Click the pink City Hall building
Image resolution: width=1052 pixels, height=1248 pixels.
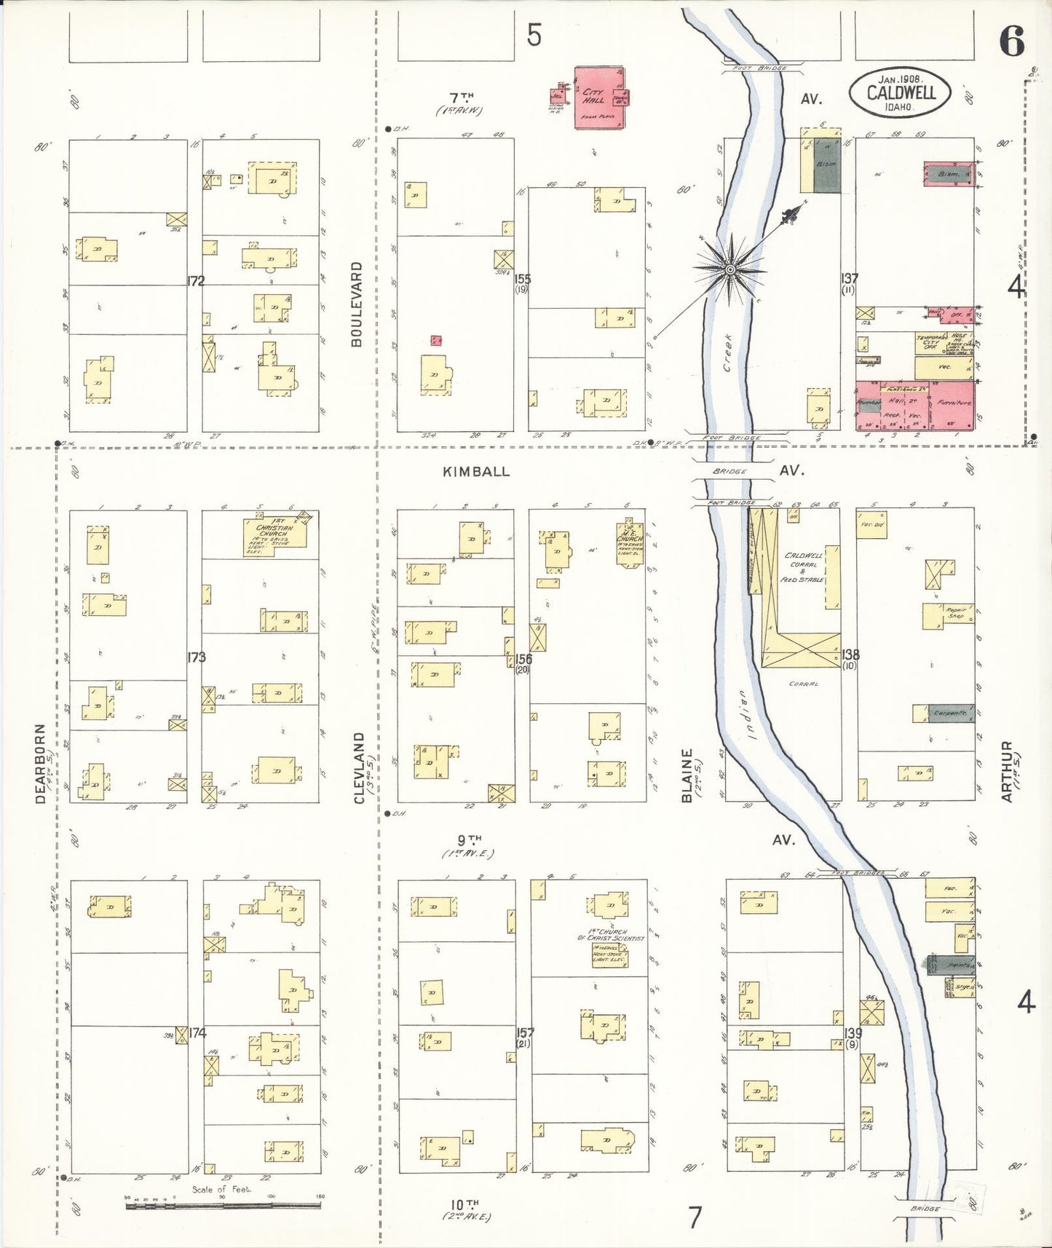[599, 98]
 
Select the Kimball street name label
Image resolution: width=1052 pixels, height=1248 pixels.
[476, 472]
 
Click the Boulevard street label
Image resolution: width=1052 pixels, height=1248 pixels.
[357, 304]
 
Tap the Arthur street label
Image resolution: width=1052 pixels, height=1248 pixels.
[1007, 772]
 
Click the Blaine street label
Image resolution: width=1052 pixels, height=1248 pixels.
[686, 776]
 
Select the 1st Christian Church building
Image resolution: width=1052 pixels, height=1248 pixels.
[274, 537]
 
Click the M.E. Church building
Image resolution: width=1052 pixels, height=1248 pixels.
[628, 541]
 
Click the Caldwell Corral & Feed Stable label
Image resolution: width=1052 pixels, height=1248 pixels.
[804, 567]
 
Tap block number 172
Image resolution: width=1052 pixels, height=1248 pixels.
[194, 281]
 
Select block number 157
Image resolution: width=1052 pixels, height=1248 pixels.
[524, 1032]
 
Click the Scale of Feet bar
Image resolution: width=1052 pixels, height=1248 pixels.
[223, 1205]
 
